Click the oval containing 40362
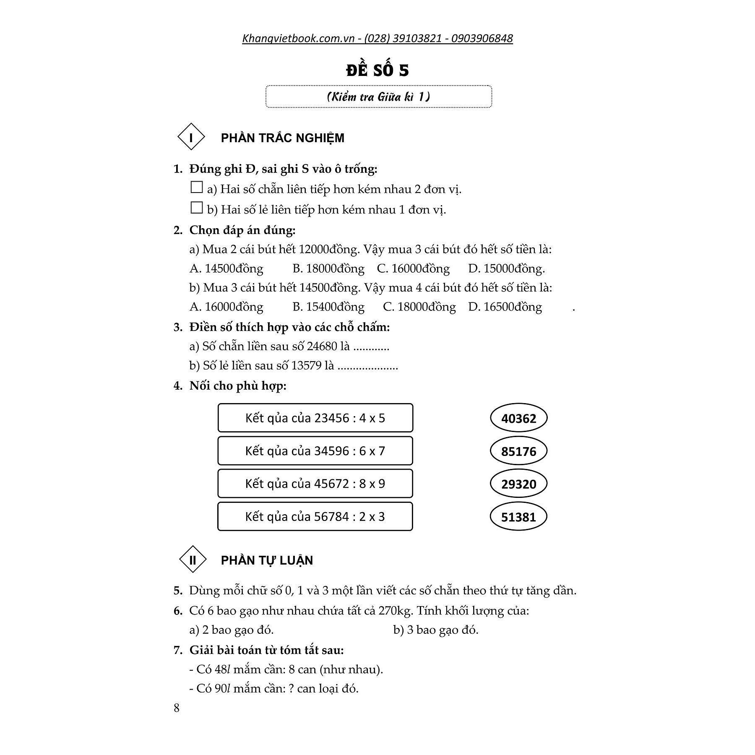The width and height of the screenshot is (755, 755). (x=518, y=418)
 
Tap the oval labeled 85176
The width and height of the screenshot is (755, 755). (x=518, y=451)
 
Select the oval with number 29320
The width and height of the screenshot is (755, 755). (x=518, y=484)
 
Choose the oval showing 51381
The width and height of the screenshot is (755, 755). (x=518, y=516)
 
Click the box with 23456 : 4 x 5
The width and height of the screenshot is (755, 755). (x=315, y=418)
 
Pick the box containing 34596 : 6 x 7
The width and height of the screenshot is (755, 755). (x=315, y=450)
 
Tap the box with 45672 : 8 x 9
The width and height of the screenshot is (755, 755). (x=315, y=483)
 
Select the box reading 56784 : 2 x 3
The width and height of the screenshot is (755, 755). (x=315, y=516)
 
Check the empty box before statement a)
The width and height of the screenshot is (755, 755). (x=196, y=187)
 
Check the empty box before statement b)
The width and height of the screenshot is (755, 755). (x=196, y=208)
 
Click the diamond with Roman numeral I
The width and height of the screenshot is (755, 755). (x=191, y=137)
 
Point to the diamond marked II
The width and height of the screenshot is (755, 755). (x=193, y=559)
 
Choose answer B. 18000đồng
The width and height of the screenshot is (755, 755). (x=328, y=268)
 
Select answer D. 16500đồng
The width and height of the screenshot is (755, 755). (x=505, y=307)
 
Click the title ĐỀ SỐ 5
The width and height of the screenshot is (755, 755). (x=377, y=70)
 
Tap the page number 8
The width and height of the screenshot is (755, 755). (x=177, y=708)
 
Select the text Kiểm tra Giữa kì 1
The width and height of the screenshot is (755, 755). (x=378, y=97)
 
